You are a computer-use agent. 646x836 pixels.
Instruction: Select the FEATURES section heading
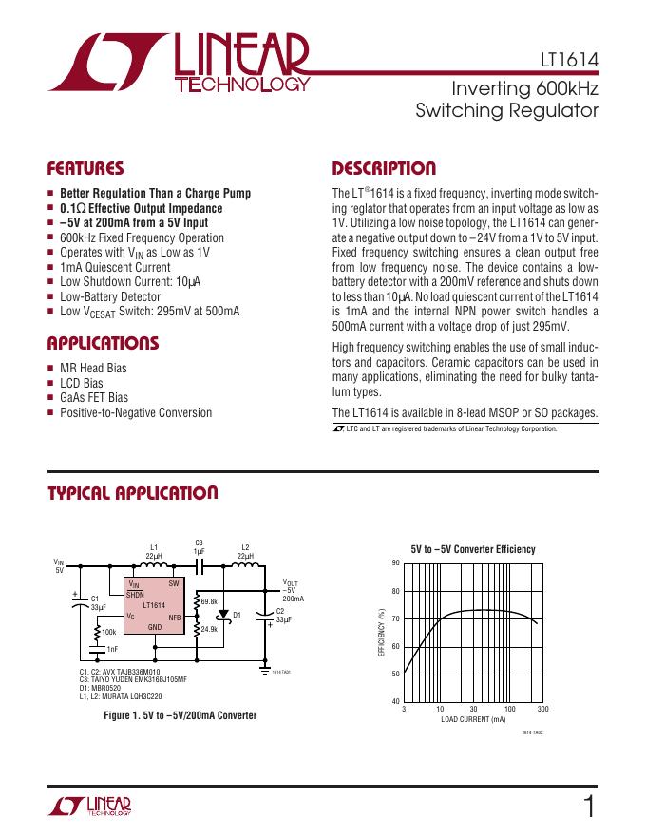click(x=85, y=169)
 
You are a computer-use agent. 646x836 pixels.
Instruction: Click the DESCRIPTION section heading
click(x=384, y=169)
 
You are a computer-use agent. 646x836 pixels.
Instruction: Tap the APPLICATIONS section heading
click(x=103, y=343)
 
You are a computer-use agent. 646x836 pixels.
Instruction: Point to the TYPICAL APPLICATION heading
click(x=133, y=493)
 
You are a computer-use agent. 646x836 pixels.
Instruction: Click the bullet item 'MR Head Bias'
click(x=93, y=368)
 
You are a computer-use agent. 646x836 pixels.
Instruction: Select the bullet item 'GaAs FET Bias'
click(x=96, y=398)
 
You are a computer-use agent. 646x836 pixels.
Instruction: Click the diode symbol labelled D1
click(x=224, y=615)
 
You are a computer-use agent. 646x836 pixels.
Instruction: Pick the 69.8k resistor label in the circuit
click(x=210, y=601)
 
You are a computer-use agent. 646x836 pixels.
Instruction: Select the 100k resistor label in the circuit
click(x=109, y=631)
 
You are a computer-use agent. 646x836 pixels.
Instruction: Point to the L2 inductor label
click(x=245, y=548)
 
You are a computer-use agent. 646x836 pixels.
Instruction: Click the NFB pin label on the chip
click(x=174, y=617)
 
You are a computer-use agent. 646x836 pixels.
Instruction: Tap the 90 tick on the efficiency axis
click(x=395, y=563)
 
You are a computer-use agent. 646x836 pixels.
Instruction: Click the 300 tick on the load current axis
click(x=543, y=710)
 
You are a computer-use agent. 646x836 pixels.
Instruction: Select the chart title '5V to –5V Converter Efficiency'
click(x=473, y=549)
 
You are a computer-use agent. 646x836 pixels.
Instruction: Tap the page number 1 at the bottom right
click(x=590, y=807)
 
